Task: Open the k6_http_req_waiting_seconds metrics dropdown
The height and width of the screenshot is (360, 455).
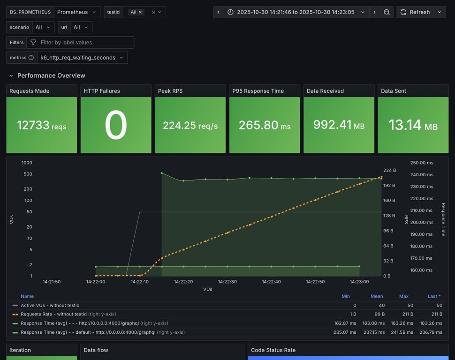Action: coord(81,58)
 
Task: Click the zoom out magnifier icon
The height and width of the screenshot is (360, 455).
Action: coord(387,12)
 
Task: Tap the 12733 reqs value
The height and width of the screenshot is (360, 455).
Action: coord(41,125)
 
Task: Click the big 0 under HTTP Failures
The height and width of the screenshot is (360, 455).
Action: coord(116,125)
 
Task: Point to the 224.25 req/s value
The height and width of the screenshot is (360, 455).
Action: coord(190,126)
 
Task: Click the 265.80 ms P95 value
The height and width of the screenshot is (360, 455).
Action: coord(265,126)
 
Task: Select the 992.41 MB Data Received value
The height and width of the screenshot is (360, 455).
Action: coord(339,126)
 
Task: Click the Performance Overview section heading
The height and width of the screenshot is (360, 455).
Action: coord(51,75)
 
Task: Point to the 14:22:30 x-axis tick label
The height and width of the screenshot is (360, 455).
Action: coord(227,282)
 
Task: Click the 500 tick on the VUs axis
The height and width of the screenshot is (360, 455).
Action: coord(28,174)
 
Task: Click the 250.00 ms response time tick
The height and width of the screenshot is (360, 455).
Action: coord(422,163)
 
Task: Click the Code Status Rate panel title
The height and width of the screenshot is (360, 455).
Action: coord(273,350)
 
